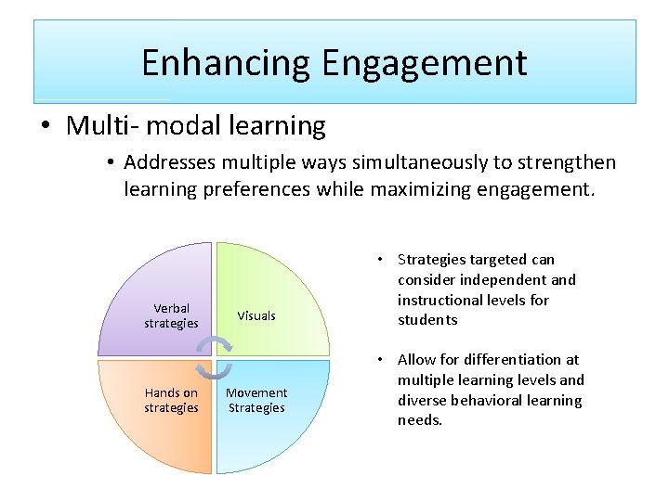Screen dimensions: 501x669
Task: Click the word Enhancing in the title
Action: point(227,63)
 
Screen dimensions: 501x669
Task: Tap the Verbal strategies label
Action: point(171,315)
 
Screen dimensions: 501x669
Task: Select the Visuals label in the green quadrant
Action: point(256,315)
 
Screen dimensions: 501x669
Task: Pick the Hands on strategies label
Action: point(171,400)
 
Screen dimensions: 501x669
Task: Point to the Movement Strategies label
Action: point(256,400)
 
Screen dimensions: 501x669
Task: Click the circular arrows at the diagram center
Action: point(215,358)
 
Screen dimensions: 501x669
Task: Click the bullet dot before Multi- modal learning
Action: point(46,126)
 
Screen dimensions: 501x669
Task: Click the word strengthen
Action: point(566,162)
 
